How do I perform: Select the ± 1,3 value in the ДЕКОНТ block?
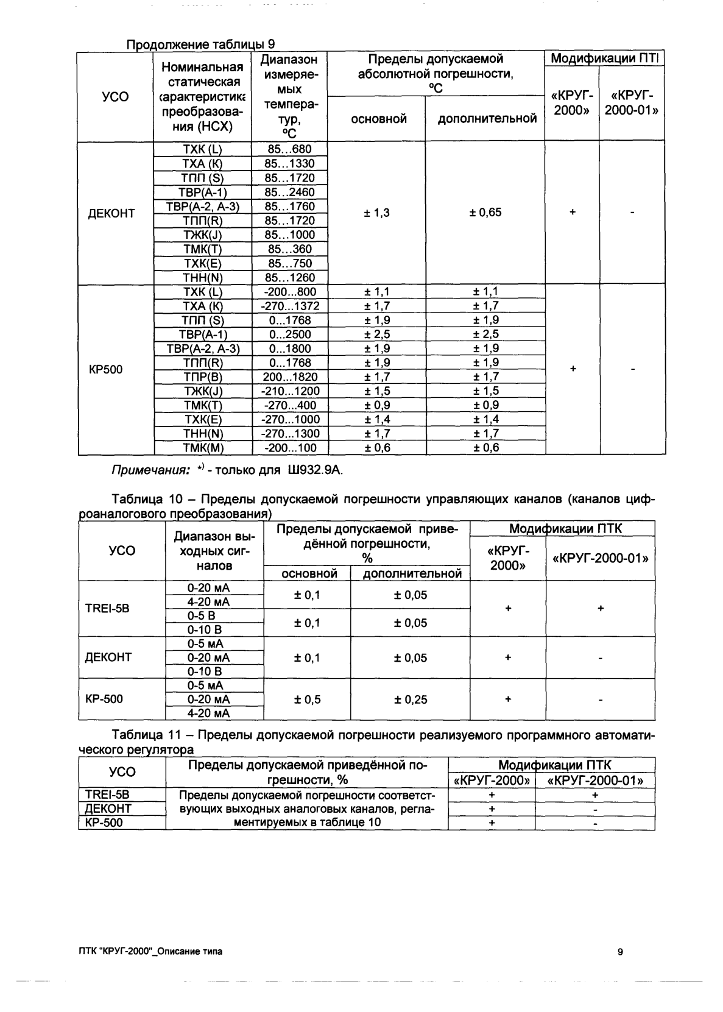pos(376,213)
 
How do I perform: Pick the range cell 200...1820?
pos(289,377)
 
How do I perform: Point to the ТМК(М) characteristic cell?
pos(203,448)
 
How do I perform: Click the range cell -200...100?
pos(289,448)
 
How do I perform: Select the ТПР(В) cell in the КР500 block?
pos(203,377)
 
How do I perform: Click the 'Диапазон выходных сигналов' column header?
pos(214,551)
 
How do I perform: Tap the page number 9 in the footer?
pos(619,952)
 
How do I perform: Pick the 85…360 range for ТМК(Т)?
pos(289,249)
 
